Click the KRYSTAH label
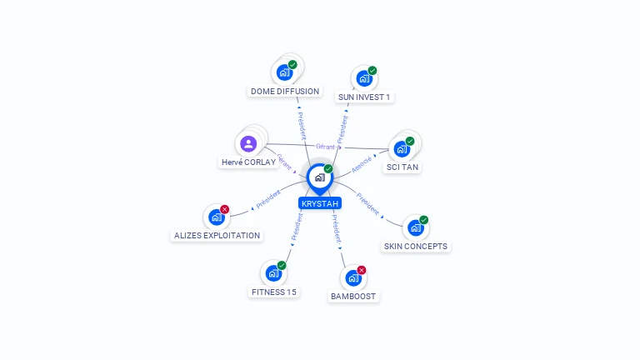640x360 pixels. (320, 203)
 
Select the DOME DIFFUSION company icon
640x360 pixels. (284, 72)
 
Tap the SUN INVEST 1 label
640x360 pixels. (364, 97)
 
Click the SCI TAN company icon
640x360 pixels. (402, 150)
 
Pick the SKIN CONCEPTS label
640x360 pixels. (416, 247)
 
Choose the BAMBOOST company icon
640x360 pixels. (353, 278)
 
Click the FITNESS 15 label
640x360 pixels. (274, 292)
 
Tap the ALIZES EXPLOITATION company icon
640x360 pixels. (217, 217)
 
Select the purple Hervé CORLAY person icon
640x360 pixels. (248, 143)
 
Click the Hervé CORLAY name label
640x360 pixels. (248, 162)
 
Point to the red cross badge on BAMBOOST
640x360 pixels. (362, 270)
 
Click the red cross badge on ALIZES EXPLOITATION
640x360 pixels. (225, 209)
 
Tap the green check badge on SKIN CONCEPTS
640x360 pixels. (424, 220)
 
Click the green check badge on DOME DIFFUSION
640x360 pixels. (292, 64)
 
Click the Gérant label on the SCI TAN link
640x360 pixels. (326, 147)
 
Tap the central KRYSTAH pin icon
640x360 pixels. (319, 177)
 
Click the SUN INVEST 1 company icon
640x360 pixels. (364, 79)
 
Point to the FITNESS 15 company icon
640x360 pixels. (273, 273)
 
